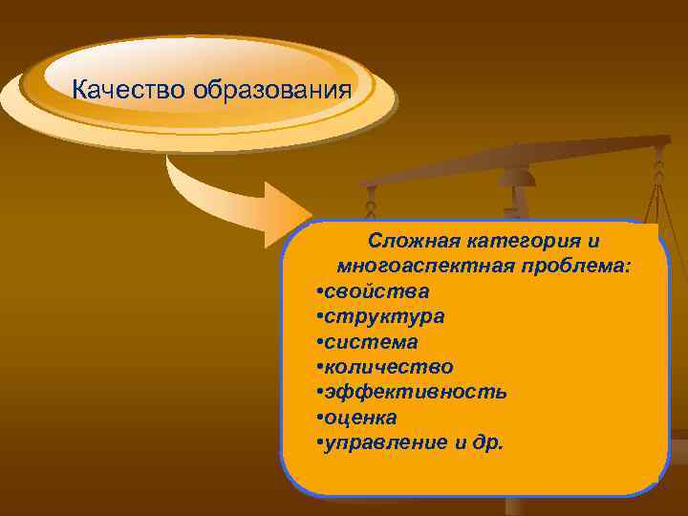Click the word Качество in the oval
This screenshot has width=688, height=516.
[130, 91]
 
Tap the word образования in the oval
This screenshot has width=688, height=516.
[271, 91]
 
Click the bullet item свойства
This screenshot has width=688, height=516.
[376, 290]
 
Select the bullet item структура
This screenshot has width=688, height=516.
[383, 315]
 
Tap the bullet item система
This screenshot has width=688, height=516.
[371, 341]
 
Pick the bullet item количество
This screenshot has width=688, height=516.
[388, 366]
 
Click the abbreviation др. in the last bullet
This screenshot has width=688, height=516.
[493, 442]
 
